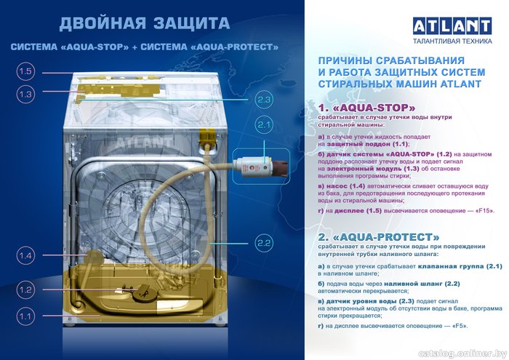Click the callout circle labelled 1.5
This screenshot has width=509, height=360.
tap(25, 72)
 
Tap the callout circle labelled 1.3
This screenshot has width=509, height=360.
tap(25, 95)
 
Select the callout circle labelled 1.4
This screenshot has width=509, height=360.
tap(25, 255)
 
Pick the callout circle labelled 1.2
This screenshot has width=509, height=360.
tap(25, 289)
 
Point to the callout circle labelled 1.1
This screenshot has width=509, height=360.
tap(25, 316)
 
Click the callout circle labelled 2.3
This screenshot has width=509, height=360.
tap(263, 100)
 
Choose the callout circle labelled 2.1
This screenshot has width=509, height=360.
tap(263, 124)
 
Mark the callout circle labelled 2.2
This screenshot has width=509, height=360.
tap(263, 243)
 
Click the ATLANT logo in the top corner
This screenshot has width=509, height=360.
tap(452, 26)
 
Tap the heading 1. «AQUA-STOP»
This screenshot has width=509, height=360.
tap(366, 108)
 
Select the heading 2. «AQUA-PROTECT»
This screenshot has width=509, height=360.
tap(379, 236)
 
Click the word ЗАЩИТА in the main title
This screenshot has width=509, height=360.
tap(191, 24)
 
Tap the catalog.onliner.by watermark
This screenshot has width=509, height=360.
tap(462, 353)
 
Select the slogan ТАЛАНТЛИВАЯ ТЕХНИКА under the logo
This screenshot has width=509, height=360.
tap(452, 41)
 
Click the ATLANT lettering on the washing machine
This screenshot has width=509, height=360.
tap(143, 143)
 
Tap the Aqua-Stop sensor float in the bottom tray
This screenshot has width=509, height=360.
tap(142, 290)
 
